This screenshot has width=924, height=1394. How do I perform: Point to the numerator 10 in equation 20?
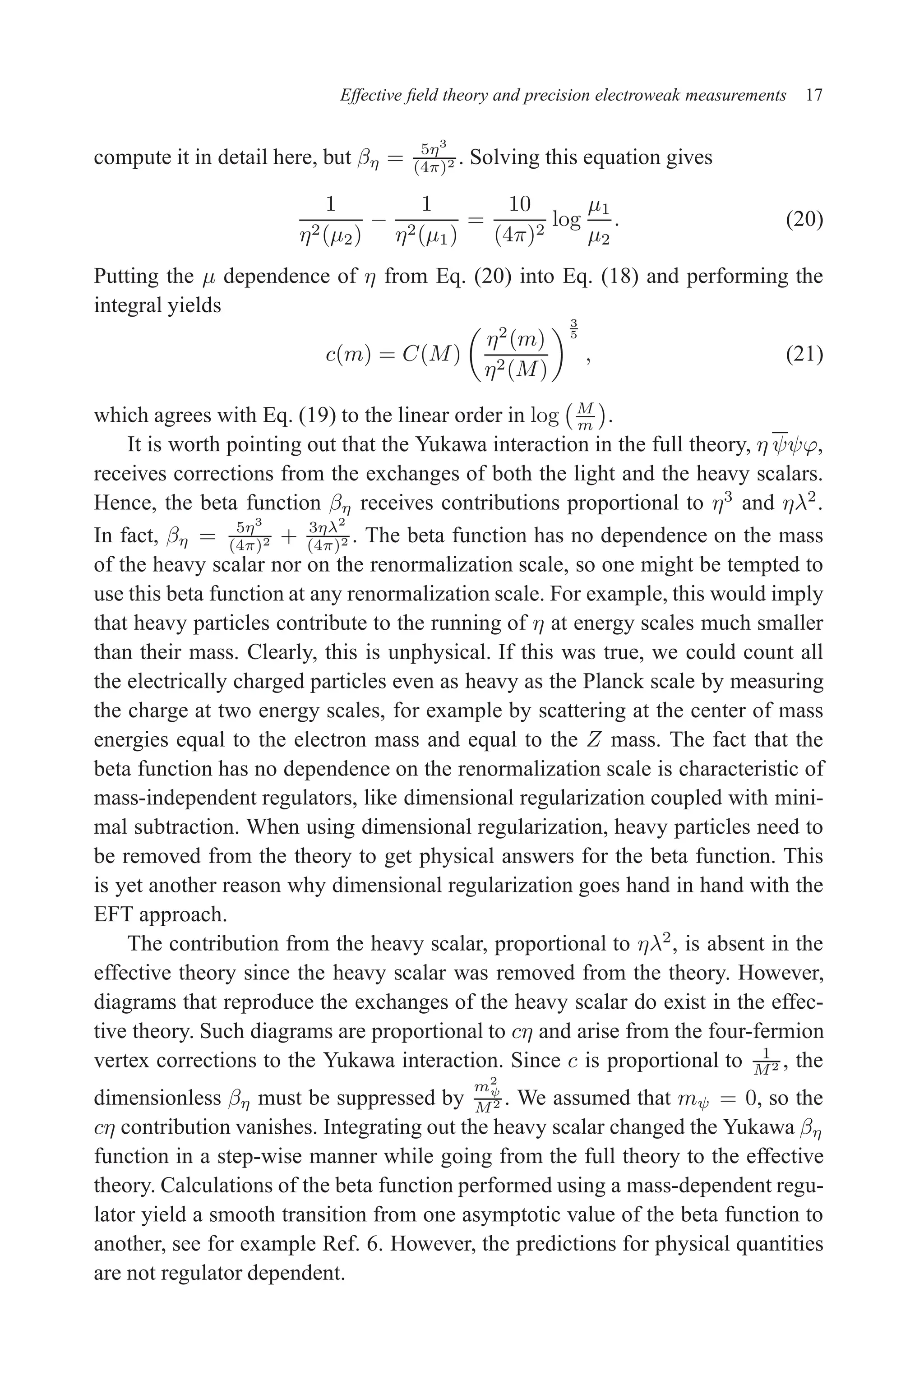click(519, 204)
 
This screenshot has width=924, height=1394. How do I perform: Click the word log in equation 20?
click(566, 220)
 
